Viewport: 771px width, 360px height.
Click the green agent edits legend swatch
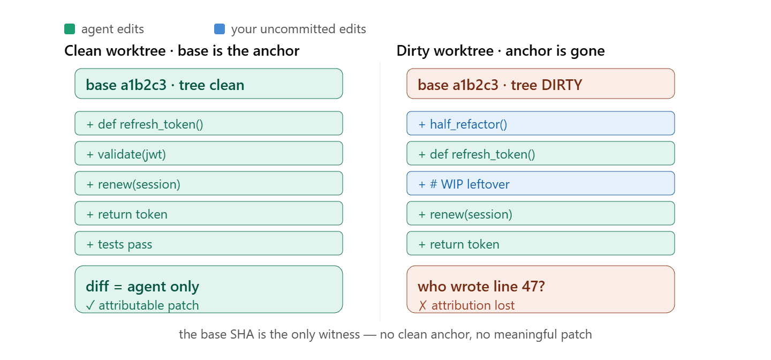pos(70,29)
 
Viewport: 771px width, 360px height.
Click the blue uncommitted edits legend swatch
pos(220,29)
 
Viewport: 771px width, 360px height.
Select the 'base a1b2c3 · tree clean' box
pos(209,84)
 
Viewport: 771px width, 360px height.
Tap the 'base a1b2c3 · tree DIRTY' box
pos(540,84)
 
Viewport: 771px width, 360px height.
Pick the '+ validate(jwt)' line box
pos(209,153)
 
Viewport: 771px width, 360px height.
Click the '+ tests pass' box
pos(209,243)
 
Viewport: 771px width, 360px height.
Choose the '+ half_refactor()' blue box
pos(540,123)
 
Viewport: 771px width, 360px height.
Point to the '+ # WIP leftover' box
pos(540,183)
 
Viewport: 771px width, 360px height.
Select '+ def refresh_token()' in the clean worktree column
pos(209,123)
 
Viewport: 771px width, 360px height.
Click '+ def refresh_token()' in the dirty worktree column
pos(540,153)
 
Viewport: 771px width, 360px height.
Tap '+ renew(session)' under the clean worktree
pos(209,183)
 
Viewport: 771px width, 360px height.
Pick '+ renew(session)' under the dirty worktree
pos(540,213)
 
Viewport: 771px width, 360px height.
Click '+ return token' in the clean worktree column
pos(209,213)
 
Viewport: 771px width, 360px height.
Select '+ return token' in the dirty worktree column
pos(540,243)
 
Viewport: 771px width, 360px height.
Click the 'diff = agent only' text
pos(142,287)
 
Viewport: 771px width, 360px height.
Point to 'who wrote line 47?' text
pos(481,287)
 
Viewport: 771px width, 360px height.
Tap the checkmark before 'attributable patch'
pos(90,305)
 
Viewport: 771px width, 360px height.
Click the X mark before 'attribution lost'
pos(422,305)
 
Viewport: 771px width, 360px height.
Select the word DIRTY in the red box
pos(561,85)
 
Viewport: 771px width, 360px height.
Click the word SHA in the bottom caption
pos(243,334)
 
